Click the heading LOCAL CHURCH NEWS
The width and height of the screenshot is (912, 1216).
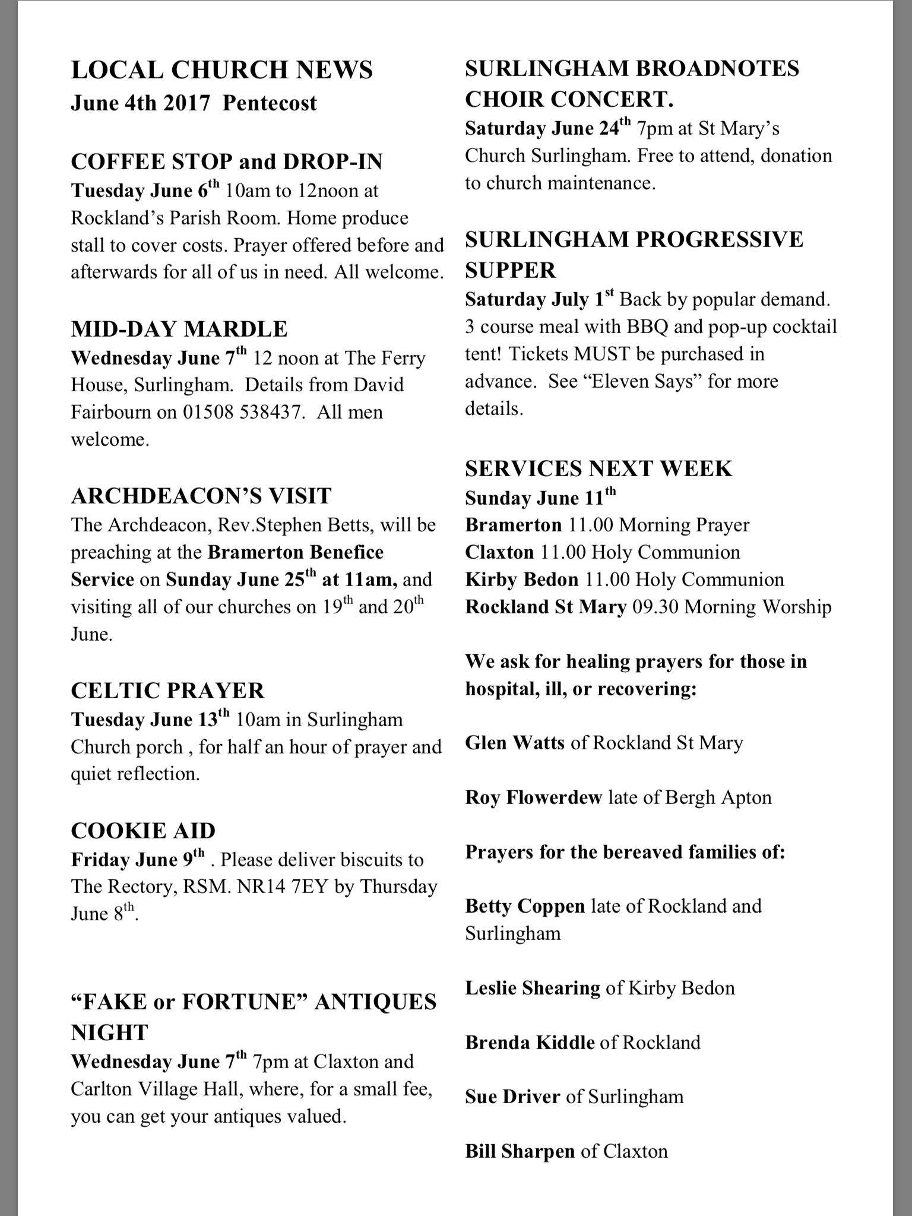coord(221,70)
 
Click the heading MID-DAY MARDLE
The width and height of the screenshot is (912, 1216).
coord(179,329)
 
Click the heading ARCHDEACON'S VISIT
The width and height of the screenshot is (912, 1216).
coord(201,496)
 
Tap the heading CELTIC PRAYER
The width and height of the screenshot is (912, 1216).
coord(167,691)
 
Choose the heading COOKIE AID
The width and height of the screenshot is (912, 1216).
coord(142,831)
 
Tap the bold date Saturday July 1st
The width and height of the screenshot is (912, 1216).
coord(539,299)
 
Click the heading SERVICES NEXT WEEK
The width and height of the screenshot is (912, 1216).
coord(598,468)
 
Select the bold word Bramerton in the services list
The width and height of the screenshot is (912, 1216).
coord(513,525)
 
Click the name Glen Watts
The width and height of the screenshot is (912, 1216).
coord(514,743)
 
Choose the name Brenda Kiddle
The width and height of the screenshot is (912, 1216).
coord(530,1042)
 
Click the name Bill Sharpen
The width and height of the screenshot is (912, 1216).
coord(520,1151)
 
